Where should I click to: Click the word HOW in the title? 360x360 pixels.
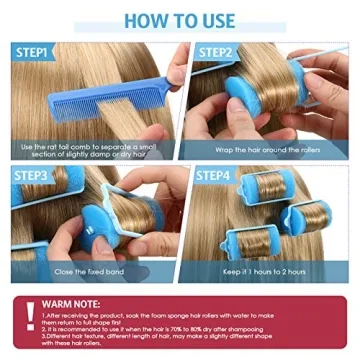(x=142, y=20)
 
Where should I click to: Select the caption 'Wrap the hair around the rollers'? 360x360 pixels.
(x=267, y=149)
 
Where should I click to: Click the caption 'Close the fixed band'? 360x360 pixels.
(x=91, y=272)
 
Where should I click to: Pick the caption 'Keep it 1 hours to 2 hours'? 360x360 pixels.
(x=267, y=272)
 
